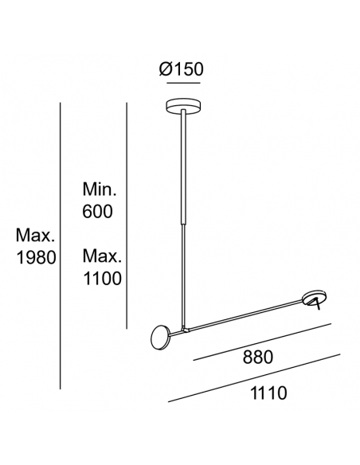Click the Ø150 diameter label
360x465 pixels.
click(182, 69)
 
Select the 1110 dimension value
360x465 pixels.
click(268, 393)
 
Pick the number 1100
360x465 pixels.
click(102, 279)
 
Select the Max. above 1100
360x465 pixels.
click(102, 257)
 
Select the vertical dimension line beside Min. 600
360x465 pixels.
click(127, 215)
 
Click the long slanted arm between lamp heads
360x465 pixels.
click(239, 315)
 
